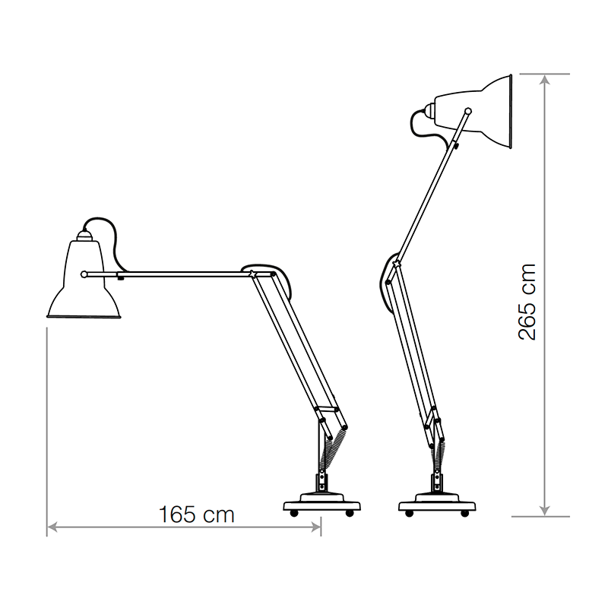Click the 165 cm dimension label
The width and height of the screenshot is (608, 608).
(197, 515)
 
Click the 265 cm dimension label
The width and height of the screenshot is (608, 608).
(527, 302)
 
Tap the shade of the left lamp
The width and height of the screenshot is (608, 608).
(83, 285)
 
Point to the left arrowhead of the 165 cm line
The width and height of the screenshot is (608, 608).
(51, 526)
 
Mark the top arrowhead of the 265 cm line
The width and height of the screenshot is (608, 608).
(545, 78)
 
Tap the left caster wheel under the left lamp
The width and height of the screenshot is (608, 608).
(295, 515)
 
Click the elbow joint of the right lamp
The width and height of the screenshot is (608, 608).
(394, 264)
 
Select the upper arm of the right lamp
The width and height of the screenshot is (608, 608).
(429, 190)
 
